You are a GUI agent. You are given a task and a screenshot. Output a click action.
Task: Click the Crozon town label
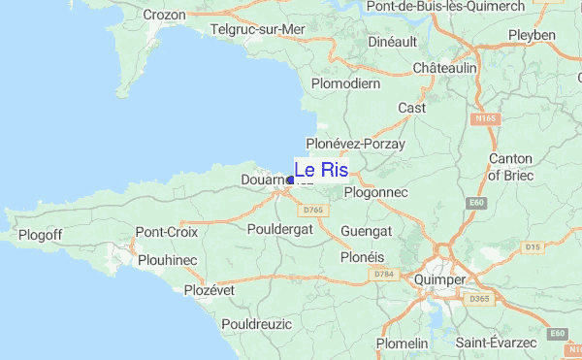tap(164, 15)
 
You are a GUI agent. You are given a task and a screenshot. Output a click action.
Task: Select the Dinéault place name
tap(393, 41)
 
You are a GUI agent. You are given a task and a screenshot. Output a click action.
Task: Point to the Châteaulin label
tap(444, 69)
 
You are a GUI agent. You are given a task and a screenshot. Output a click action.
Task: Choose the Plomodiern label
tap(346, 83)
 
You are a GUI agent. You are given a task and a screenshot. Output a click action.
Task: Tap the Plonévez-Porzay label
tap(356, 144)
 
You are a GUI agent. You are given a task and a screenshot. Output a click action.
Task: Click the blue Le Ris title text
tap(321, 170)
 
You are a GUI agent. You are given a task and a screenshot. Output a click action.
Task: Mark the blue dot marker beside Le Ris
tap(291, 180)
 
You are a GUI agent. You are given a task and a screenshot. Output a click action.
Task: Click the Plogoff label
tap(40, 235)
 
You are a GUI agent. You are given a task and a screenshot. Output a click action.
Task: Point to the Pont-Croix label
tap(167, 233)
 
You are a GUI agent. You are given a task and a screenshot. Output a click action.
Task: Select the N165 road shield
tap(485, 119)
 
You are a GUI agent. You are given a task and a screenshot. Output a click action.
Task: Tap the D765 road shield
tap(312, 210)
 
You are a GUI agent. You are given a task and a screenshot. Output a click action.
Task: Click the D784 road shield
tap(383, 275)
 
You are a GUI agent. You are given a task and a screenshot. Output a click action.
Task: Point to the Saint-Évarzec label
tap(497, 343)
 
